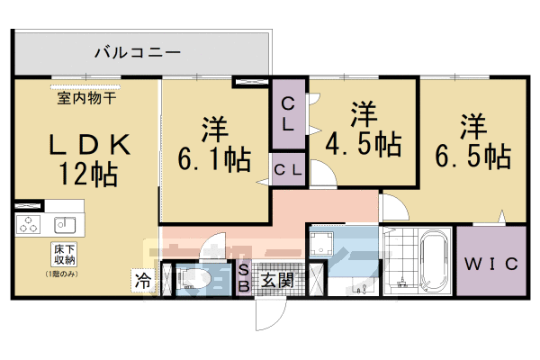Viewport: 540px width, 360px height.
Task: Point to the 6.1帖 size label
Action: (x=215, y=159)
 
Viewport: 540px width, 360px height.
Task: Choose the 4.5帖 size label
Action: (x=364, y=142)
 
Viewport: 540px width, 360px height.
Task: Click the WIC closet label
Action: (x=490, y=265)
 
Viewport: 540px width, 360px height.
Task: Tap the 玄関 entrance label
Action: (x=276, y=279)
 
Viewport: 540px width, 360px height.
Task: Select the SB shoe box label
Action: (x=243, y=279)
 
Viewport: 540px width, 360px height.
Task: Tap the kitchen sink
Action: (x=63, y=223)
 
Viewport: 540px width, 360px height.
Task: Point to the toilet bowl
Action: (x=196, y=281)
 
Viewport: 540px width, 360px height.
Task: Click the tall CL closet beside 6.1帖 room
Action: (x=289, y=115)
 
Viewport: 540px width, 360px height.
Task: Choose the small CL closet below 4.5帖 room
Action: (x=289, y=168)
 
